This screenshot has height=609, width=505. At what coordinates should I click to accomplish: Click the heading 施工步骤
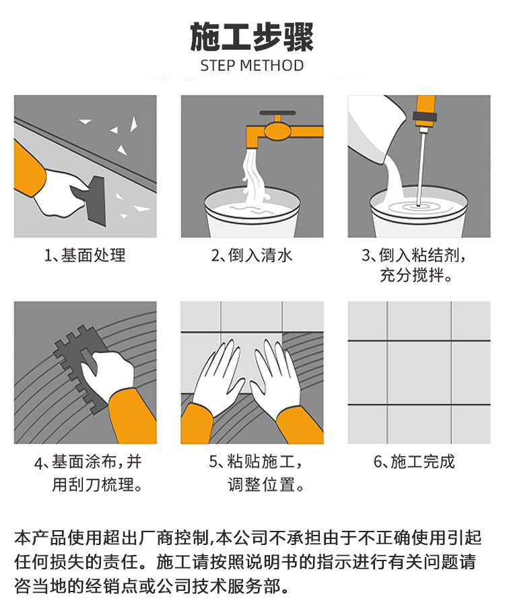(x=252, y=37)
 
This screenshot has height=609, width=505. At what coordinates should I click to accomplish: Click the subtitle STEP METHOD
(x=252, y=65)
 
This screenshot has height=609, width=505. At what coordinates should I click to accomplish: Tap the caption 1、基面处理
(x=85, y=255)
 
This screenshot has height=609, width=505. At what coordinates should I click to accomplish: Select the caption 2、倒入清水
(x=252, y=255)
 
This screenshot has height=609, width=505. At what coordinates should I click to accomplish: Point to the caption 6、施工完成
(x=414, y=461)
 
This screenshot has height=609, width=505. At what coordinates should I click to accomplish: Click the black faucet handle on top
(x=277, y=113)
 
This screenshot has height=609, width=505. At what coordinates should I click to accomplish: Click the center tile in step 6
(x=419, y=373)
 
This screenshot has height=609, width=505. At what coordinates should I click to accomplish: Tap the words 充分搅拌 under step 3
(x=411, y=276)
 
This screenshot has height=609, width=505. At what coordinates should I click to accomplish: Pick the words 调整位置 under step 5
(x=261, y=485)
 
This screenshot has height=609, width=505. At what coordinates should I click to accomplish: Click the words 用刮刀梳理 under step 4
(x=93, y=484)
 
